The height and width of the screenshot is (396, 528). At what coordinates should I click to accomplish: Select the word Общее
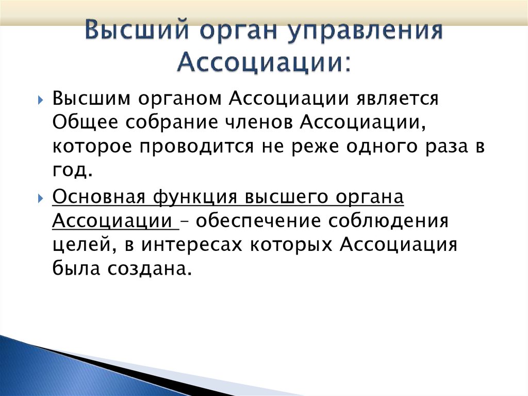click(x=84, y=123)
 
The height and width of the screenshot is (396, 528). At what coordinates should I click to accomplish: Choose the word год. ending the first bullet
click(x=72, y=170)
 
